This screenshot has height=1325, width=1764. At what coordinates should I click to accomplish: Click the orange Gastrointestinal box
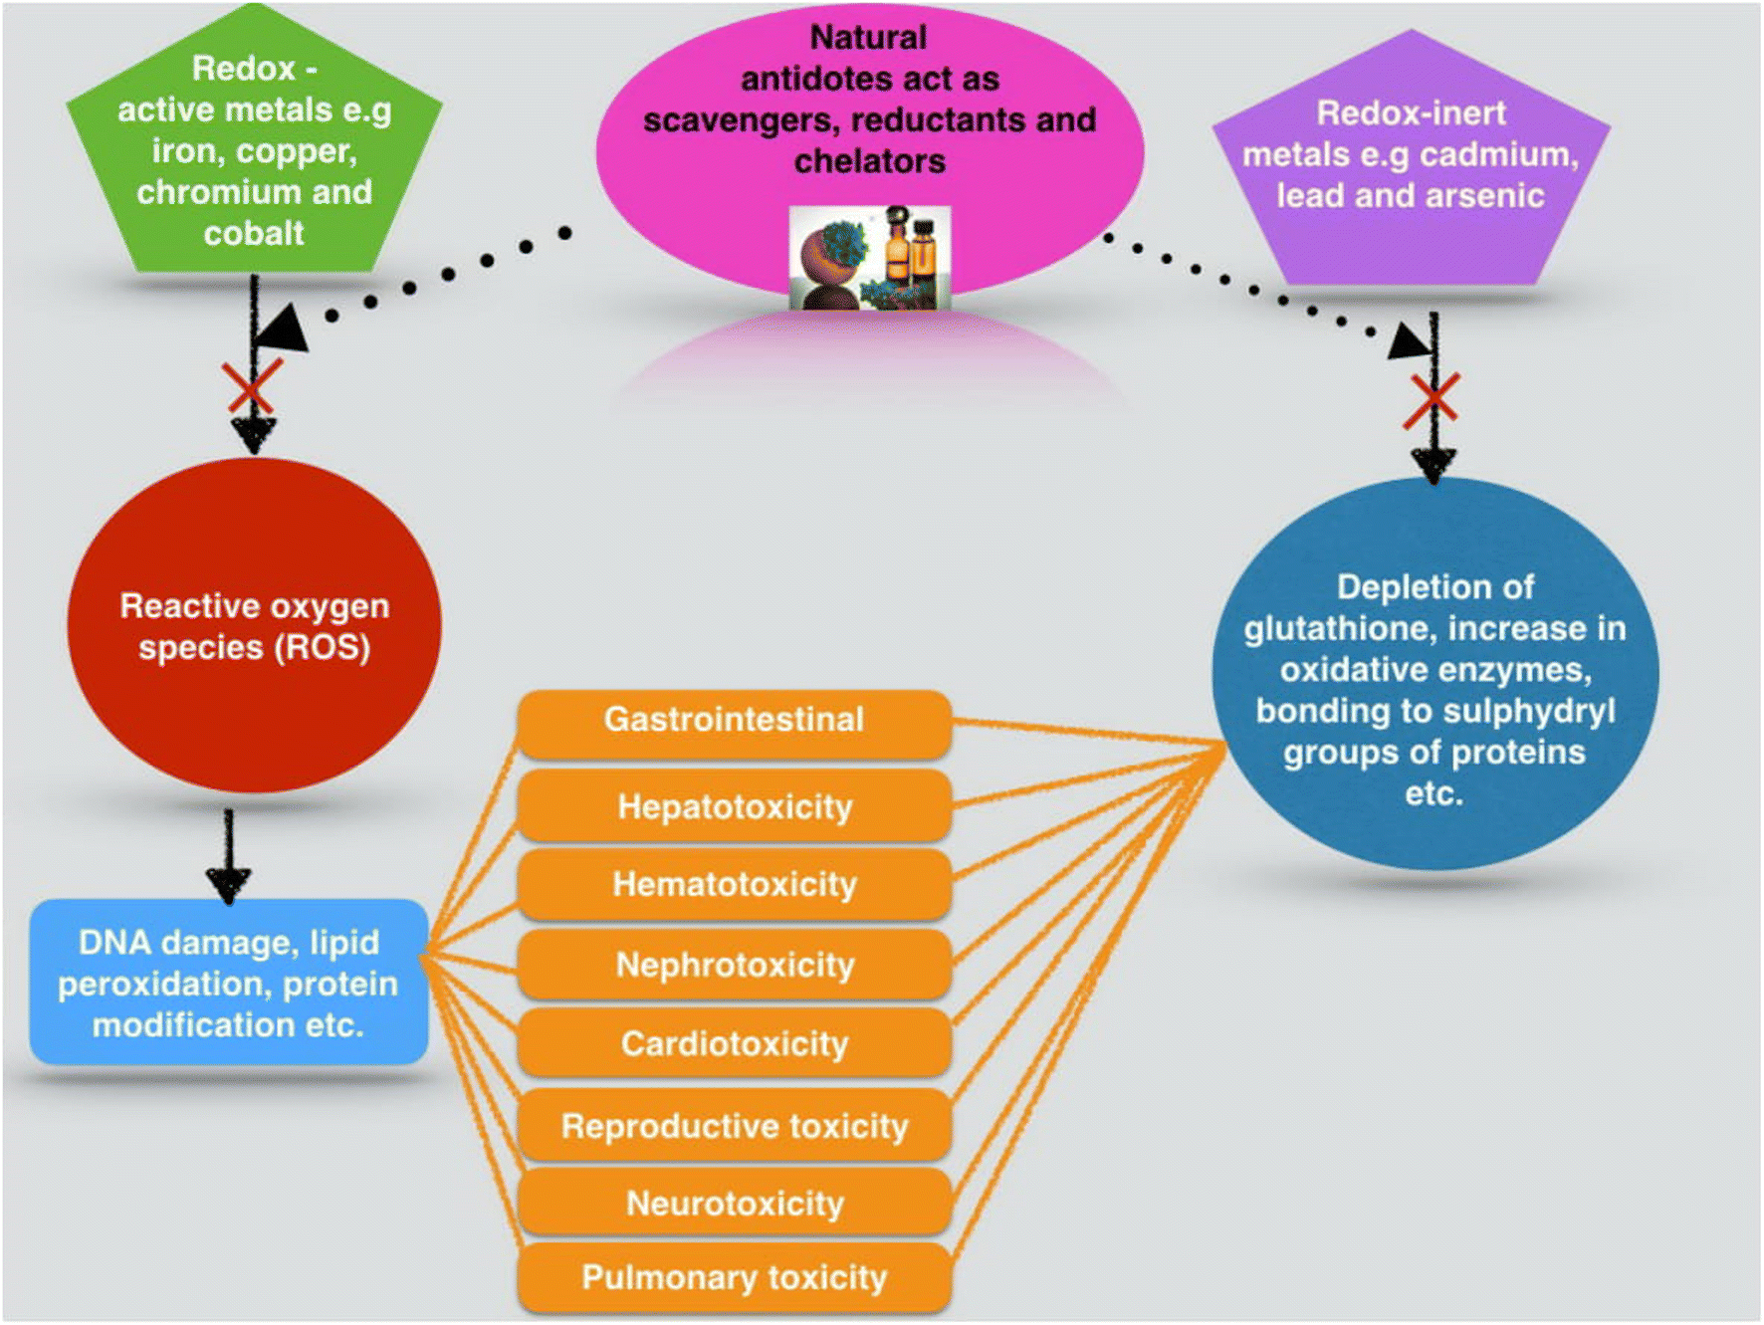tap(734, 721)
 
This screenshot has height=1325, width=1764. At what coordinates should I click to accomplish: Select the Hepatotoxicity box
tap(734, 806)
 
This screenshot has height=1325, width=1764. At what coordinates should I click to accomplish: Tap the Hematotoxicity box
tap(734, 884)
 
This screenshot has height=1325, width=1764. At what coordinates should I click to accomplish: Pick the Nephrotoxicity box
tap(734, 965)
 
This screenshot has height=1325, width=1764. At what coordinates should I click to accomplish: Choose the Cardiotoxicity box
tap(734, 1043)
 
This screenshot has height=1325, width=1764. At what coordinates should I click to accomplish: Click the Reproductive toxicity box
tap(734, 1126)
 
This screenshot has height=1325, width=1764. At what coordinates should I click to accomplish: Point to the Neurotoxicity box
tap(734, 1204)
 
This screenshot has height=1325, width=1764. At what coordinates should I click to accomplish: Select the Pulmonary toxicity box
tap(734, 1277)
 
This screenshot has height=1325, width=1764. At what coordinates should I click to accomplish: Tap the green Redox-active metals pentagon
tap(254, 149)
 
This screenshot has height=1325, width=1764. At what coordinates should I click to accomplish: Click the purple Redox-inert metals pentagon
tap(1411, 159)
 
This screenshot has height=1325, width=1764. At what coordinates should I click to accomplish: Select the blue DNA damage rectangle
tap(229, 983)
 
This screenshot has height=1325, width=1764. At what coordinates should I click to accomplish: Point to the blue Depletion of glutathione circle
tap(1433, 677)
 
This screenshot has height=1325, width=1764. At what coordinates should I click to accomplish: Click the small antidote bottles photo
tap(870, 257)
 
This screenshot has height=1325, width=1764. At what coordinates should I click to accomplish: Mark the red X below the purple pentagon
tap(1432, 400)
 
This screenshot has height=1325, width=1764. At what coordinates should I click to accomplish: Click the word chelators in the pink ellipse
tap(869, 161)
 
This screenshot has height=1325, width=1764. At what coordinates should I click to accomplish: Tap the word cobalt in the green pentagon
tap(254, 234)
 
